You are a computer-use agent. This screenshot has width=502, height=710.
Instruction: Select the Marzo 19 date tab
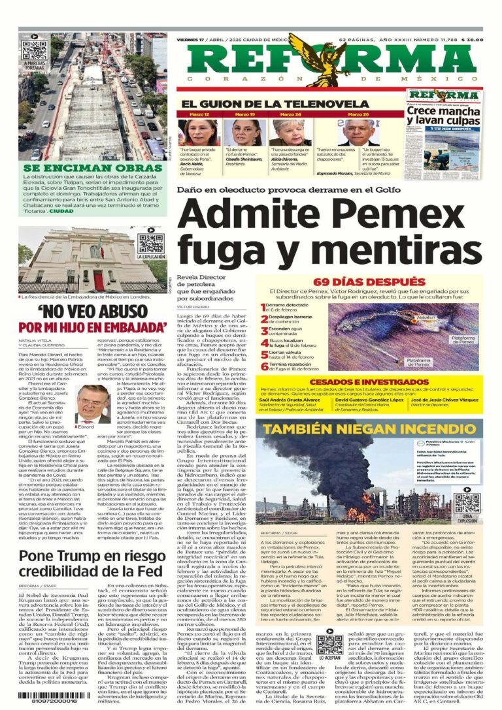coord(244,114)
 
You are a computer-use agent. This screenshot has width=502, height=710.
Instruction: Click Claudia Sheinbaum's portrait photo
coord(244,132)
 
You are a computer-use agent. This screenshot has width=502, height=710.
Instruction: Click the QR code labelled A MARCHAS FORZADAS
coord(35,50)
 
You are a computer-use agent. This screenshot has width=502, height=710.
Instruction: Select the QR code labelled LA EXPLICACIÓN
coord(151,242)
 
